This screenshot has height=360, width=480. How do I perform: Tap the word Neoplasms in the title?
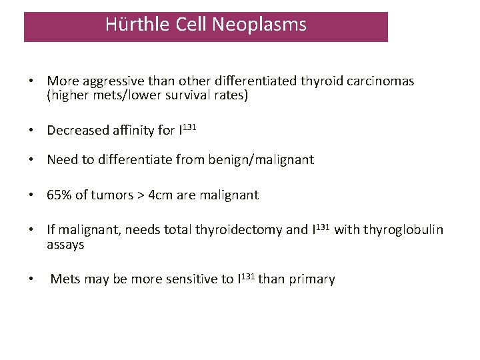pyautogui.click(x=259, y=25)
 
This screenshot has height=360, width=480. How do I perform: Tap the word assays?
pyautogui.click(x=65, y=245)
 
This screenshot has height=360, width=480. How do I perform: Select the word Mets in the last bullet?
pyautogui.click(x=65, y=279)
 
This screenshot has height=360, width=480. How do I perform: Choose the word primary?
pyautogui.click(x=311, y=279)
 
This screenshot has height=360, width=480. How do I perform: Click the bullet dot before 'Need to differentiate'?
pyautogui.click(x=31, y=160)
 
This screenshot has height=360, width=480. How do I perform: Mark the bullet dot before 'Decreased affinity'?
pyautogui.click(x=31, y=130)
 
